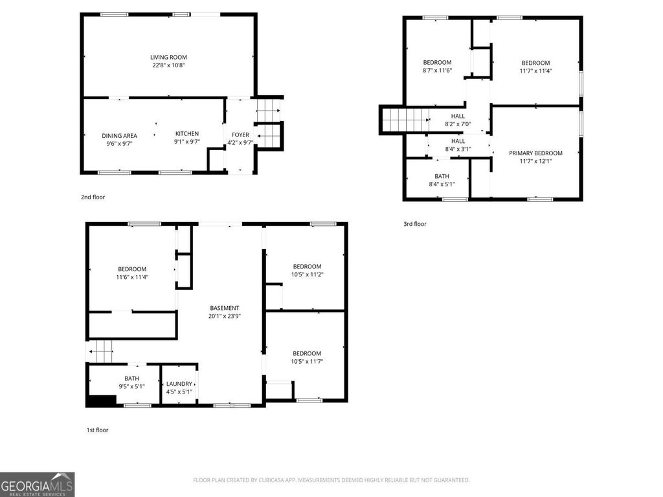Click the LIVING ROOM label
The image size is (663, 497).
coord(168,58)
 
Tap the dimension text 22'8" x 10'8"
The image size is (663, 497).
coord(168,65)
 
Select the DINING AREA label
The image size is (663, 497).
coord(119,135)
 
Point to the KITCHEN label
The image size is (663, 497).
coord(187,133)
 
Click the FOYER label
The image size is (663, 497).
coord(240,135)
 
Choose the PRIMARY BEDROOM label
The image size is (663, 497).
coord(535,153)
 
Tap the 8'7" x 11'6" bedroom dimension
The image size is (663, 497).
coord(437,71)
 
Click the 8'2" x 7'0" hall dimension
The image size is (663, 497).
coord(458,124)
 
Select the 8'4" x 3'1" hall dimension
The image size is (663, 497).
coord(458,149)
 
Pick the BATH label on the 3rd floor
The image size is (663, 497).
coord(442,176)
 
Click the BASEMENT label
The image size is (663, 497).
coord(225,308)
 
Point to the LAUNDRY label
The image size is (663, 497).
coord(179,384)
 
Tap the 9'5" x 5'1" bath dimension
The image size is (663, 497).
coord(131,386)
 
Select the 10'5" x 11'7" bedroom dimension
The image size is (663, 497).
coord(307,361)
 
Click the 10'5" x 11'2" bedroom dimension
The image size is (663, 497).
coord(307,274)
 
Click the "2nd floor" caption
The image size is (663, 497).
coord(93,197)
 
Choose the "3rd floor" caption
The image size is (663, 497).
coord(415,224)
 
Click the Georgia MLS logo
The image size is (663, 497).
coord(38,484)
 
